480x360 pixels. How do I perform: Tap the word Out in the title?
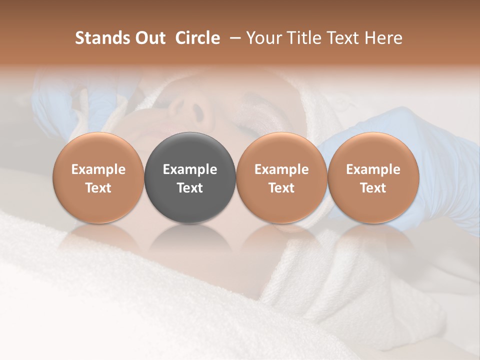point(149,38)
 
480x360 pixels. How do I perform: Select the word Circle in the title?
point(197,38)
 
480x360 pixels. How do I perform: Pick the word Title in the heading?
point(305,38)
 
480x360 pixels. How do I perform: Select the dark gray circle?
point(190,178)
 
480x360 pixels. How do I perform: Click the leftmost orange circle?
point(98,178)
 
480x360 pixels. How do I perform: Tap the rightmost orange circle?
point(373,178)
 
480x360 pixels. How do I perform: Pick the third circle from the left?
point(281,178)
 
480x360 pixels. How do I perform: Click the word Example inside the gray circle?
point(190,169)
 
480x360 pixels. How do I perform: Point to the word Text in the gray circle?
point(190,188)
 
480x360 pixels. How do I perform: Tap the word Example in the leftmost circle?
point(98,169)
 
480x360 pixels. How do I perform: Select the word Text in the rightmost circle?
point(373,188)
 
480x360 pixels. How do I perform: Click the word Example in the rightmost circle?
point(373,169)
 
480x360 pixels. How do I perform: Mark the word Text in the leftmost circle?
point(98,188)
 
